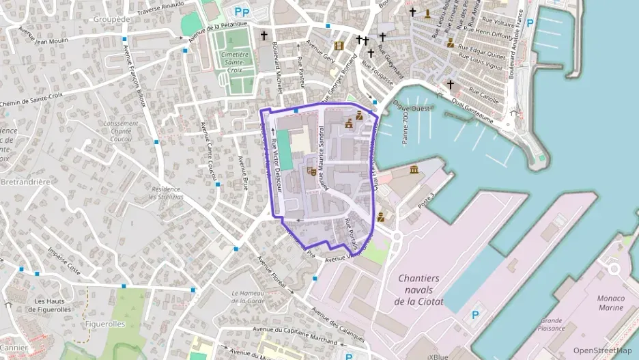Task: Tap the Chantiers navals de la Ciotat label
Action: [419, 290]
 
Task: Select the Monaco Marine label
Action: [610, 303]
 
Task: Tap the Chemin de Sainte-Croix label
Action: [31, 100]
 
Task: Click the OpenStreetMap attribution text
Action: [602, 350]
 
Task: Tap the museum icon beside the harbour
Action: [414, 169]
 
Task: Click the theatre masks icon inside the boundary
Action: [312, 170]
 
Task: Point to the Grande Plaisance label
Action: [551, 324]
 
